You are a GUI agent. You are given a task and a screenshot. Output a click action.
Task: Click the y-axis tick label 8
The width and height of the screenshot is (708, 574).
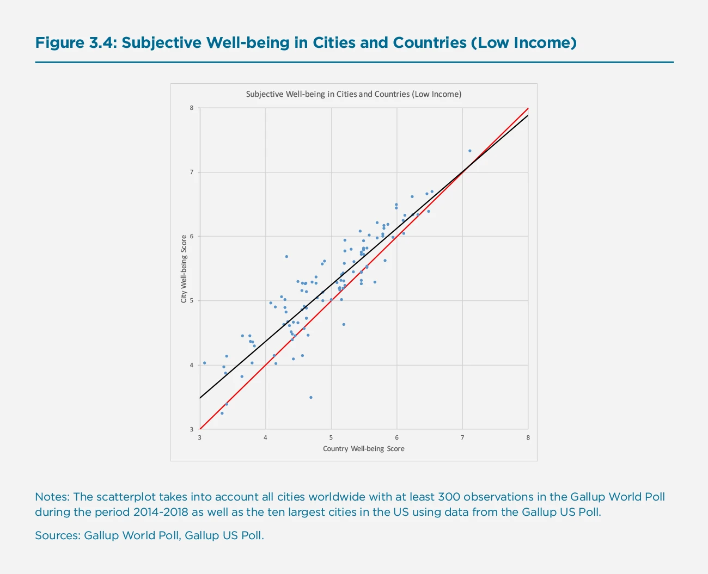(192, 108)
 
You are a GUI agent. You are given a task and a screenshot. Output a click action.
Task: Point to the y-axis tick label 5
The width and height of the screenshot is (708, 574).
(192, 301)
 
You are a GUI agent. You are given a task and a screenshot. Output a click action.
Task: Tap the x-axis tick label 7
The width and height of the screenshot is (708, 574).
(462, 437)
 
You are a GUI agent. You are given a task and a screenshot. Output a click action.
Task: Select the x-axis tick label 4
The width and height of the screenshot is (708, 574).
(266, 437)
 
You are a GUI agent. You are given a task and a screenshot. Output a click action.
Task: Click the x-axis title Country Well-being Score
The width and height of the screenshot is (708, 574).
(363, 449)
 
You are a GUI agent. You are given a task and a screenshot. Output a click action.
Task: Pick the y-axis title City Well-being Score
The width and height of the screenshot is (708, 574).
(184, 269)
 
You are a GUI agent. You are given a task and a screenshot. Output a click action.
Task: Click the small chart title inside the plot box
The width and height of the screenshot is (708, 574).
(353, 94)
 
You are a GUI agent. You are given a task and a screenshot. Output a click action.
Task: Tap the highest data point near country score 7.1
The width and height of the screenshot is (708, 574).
(469, 151)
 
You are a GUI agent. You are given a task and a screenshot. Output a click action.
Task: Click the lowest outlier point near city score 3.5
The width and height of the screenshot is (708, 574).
(311, 397)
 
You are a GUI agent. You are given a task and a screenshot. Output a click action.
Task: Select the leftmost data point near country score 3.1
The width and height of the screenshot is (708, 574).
(204, 363)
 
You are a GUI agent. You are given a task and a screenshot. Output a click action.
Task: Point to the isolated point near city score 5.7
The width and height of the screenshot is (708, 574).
(286, 256)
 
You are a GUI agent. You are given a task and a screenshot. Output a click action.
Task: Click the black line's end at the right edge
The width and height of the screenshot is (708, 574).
(528, 115)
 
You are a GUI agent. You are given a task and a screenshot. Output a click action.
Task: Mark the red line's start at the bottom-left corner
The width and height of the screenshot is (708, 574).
(200, 429)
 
